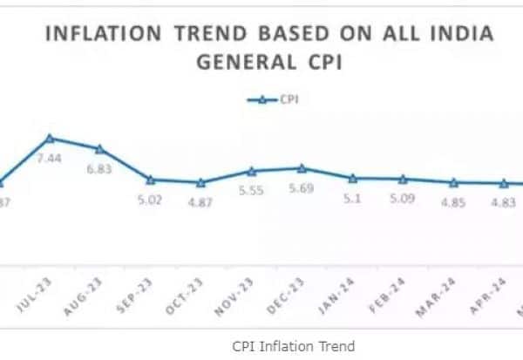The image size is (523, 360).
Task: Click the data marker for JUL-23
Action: tap(50, 138)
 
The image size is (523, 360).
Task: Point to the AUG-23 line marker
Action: tap(99, 149)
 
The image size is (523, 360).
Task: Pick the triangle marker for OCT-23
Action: tap(200, 183)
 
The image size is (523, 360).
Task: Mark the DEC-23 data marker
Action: tap(302, 168)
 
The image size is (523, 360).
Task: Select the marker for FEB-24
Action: tap(403, 179)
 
